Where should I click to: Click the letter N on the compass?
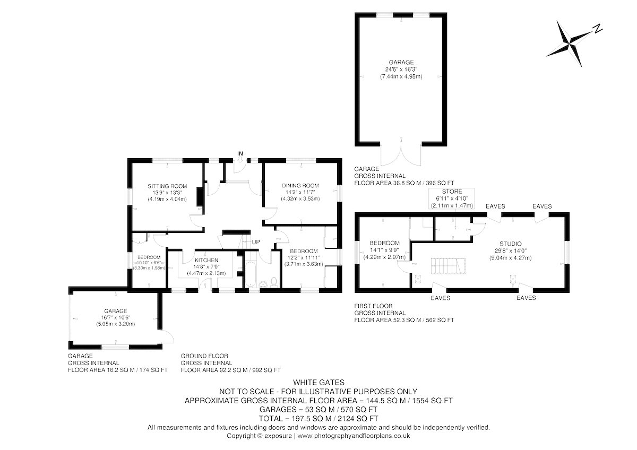tap(598, 29)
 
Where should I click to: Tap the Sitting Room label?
tap(167, 186)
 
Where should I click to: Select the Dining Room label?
tap(300, 186)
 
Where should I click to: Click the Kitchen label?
tap(206, 260)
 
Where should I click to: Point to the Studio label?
tap(511, 244)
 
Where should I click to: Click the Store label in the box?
tap(452, 192)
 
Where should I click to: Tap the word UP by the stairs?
tap(256, 242)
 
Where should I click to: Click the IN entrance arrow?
tap(240, 160)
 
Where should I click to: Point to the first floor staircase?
tap(448, 266)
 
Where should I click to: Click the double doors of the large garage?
tap(401, 154)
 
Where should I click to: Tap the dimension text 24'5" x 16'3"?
tap(401, 70)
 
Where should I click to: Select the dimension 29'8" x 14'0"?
tap(511, 250)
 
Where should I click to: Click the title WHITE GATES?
tap(318, 383)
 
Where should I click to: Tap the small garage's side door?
tap(166, 336)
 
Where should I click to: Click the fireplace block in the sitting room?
tap(201, 197)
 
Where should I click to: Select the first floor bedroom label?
tap(384, 243)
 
